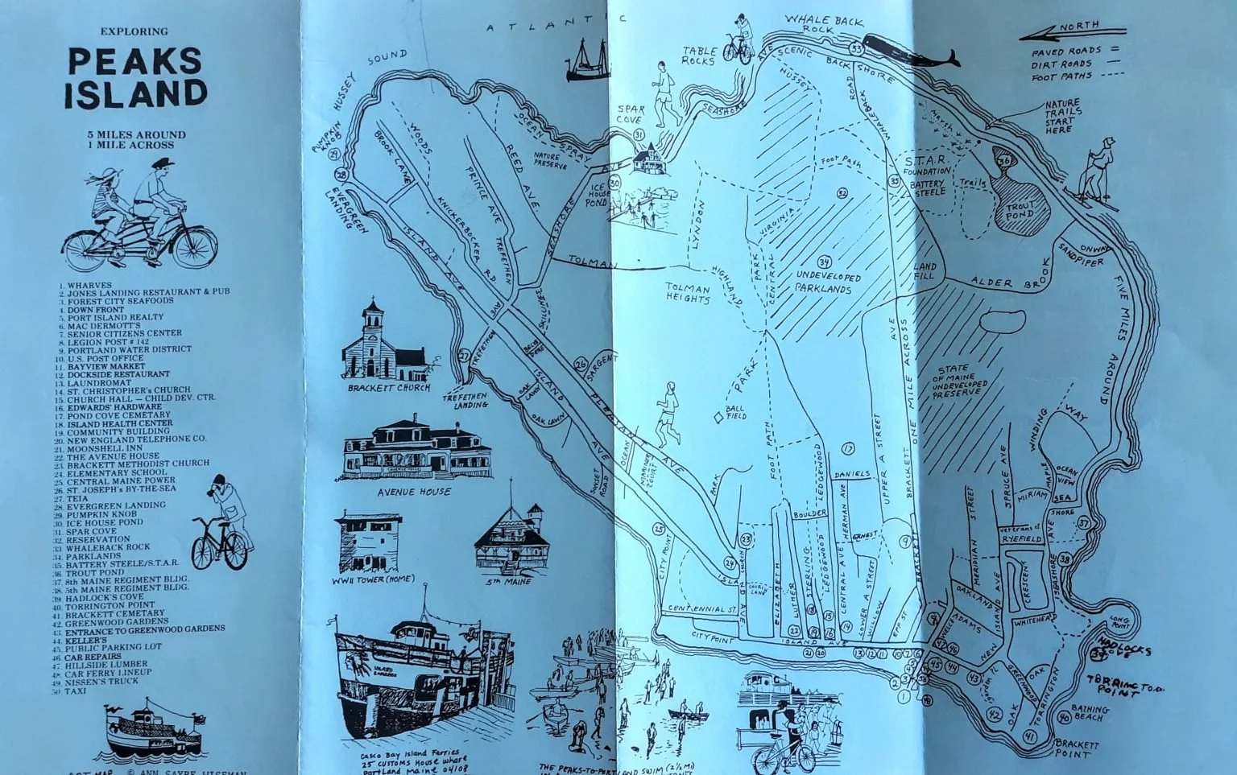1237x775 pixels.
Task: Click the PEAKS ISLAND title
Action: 135,78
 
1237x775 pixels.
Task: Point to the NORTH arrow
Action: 1071,32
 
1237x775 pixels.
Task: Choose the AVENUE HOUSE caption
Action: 414,491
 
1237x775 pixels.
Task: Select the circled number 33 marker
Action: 857,50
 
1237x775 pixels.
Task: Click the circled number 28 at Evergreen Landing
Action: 341,175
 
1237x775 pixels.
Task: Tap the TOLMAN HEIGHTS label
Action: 688,293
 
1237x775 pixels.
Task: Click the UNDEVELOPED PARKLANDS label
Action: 828,282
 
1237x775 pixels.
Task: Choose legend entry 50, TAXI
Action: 75,690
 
